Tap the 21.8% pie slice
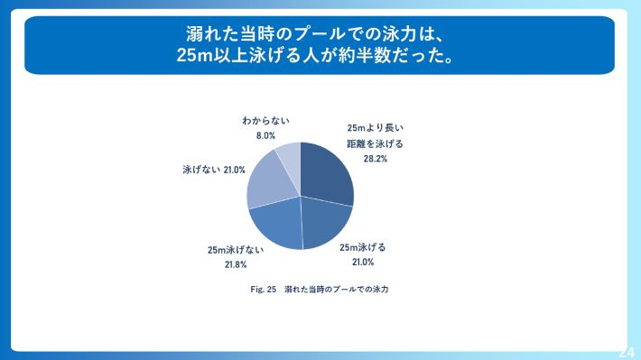(276, 225)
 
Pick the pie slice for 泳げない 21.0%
(267, 183)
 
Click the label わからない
(265, 120)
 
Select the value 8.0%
(265, 135)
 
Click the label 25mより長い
(376, 128)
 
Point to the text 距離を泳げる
(376, 143)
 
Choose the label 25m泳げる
(362, 247)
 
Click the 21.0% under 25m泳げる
(362, 263)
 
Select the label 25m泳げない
(234, 251)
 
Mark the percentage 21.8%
(234, 266)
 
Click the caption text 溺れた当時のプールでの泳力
(341, 291)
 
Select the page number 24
(627, 352)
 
